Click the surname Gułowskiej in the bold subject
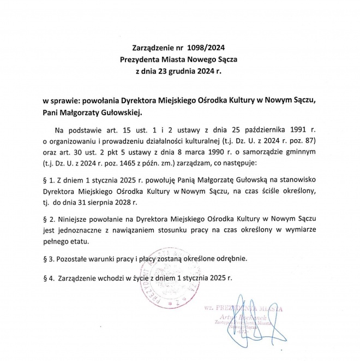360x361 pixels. point(121,113)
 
